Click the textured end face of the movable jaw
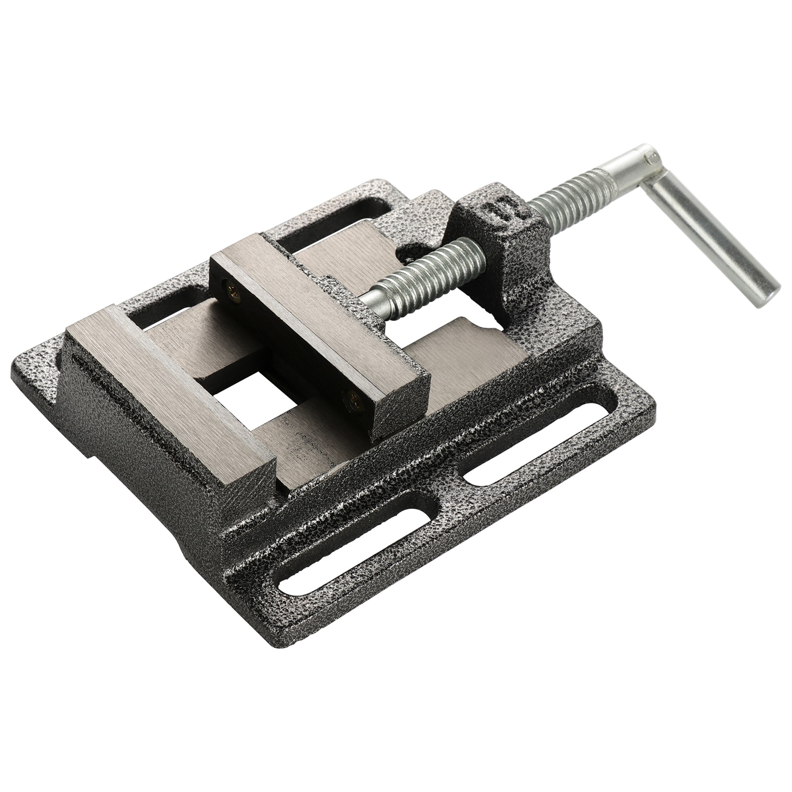click(x=396, y=411)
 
